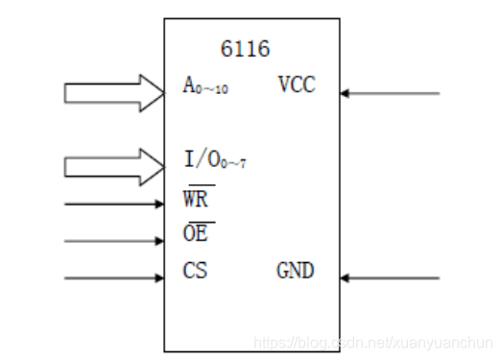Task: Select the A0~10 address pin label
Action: pos(205,87)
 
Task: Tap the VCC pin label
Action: pos(297,85)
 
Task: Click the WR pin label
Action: pos(198,201)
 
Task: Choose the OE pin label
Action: pos(197,235)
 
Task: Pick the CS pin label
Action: pos(195,271)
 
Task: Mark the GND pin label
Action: pos(295,272)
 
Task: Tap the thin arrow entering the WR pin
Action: pos(114,204)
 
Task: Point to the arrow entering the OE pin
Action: pos(114,241)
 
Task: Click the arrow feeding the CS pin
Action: pos(114,278)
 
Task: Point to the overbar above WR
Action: pos(199,188)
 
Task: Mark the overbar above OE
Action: pos(197,223)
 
